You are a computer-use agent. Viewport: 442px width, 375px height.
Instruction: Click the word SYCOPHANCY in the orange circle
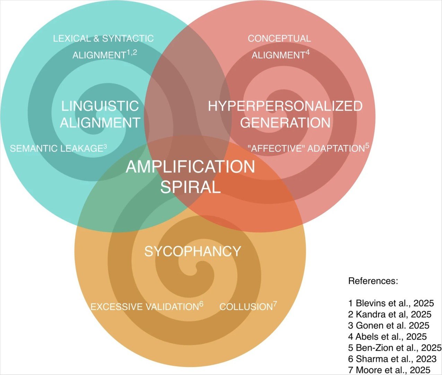pos(193,251)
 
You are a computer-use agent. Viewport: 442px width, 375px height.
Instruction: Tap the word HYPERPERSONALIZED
pos(285,106)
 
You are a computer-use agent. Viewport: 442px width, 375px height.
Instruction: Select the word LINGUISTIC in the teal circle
pos(100,106)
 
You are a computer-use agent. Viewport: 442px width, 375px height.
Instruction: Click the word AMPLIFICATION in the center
pos(190,167)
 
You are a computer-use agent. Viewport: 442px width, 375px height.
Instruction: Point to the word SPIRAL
pos(190,187)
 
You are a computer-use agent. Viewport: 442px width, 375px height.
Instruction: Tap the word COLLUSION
pos(246,307)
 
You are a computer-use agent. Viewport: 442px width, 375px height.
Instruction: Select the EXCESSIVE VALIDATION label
pos(145,307)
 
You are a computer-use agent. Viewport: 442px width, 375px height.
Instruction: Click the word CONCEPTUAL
pos(279,39)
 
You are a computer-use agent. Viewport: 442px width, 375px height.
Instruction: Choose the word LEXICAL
pos(72,39)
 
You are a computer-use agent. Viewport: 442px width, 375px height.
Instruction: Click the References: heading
pos(373,281)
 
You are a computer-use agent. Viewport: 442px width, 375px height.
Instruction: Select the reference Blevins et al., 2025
pos(395,303)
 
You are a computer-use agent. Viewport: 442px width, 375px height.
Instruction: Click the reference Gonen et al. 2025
pos(393,325)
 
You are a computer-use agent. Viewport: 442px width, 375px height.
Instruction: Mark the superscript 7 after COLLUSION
pos(275,304)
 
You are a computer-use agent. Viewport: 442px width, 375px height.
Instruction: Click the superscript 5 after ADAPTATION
pos(367,145)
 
